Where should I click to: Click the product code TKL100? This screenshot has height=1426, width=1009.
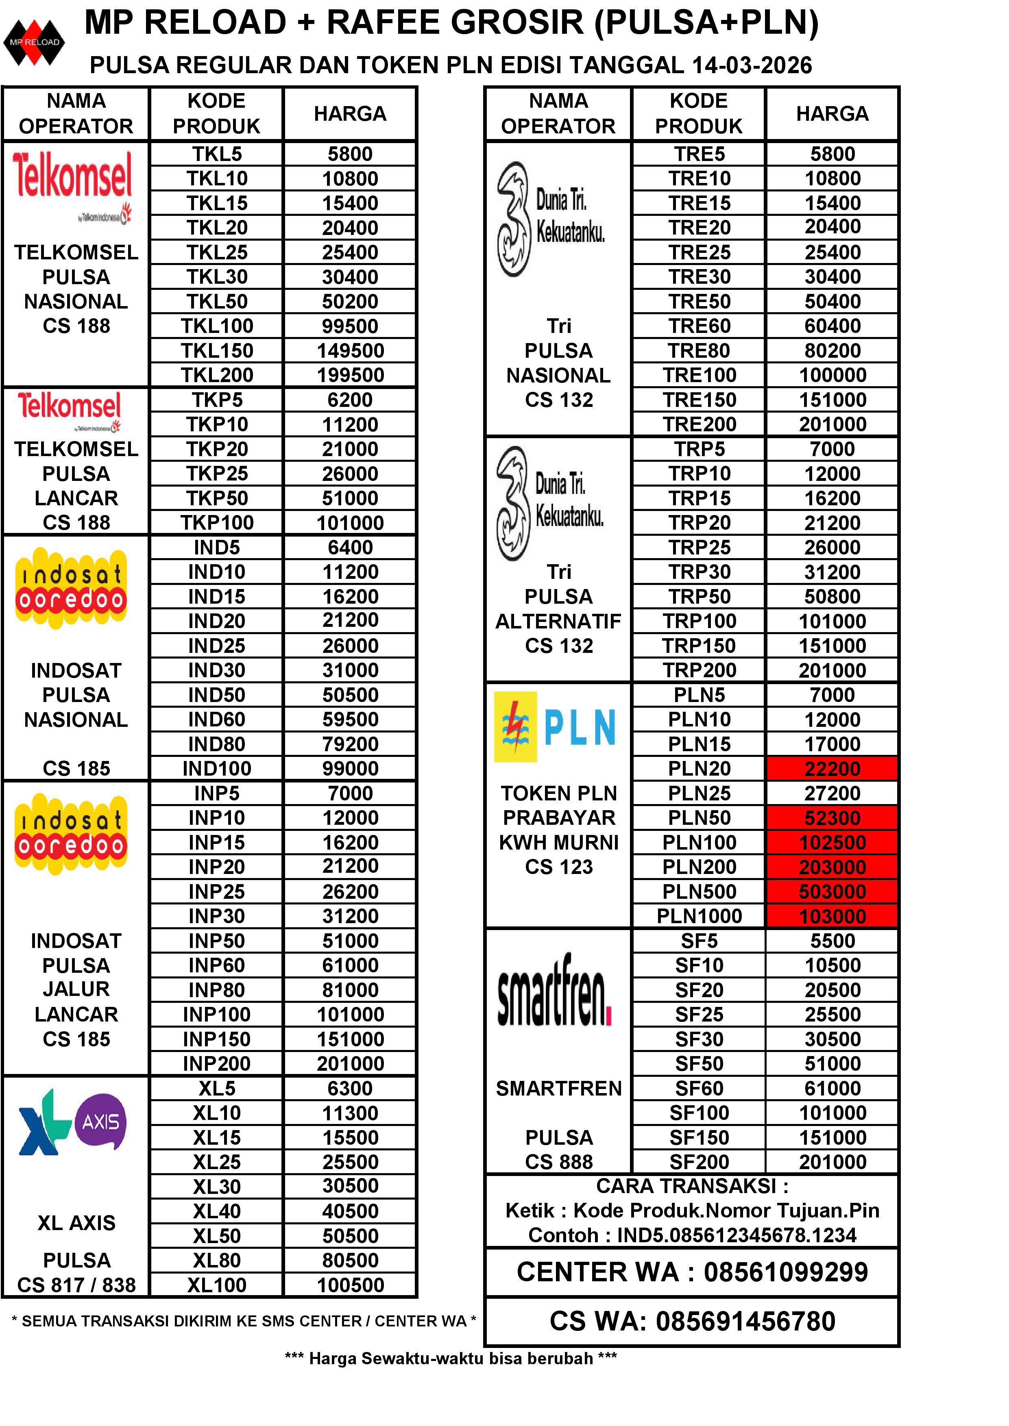click(x=217, y=326)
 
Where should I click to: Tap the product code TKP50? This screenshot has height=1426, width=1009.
click(x=217, y=498)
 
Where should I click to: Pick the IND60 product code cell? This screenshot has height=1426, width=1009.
click(x=217, y=719)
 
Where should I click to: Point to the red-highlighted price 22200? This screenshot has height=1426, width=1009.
click(x=832, y=769)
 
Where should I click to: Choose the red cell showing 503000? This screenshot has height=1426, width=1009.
click(x=832, y=892)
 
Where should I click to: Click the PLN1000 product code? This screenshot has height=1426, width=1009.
click(x=699, y=916)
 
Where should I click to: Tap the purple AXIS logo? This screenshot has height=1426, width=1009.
click(x=100, y=1122)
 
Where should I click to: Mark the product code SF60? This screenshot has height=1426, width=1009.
click(x=699, y=1088)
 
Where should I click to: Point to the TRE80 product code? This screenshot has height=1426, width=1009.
click(x=699, y=351)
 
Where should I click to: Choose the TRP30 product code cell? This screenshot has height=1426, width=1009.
click(x=699, y=572)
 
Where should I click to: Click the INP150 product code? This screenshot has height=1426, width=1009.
click(x=217, y=1039)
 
